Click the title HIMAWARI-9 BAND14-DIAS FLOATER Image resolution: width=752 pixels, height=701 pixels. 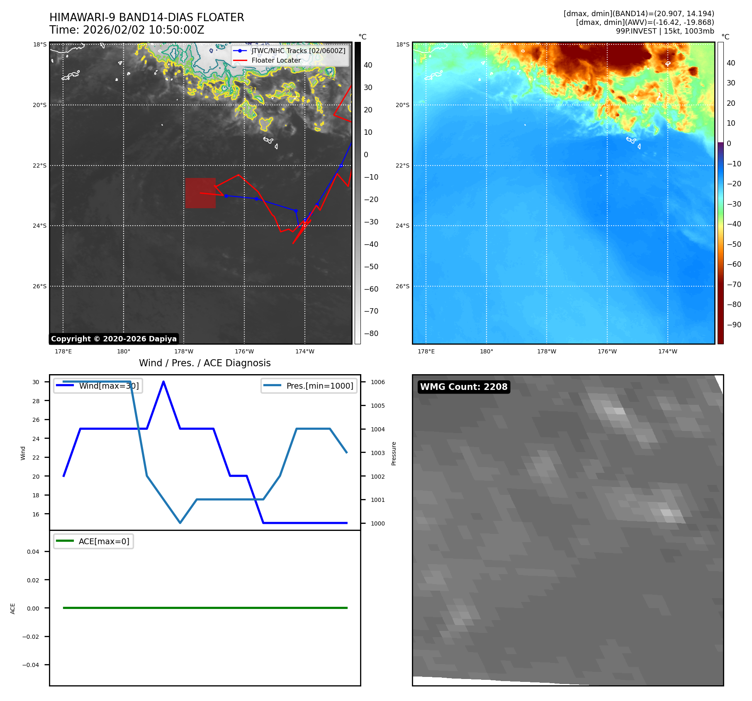[x=146, y=17]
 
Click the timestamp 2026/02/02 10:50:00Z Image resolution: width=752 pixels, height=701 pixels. [x=144, y=30]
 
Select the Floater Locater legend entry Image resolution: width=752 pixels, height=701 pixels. [x=276, y=60]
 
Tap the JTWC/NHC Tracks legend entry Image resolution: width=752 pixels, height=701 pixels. [x=298, y=51]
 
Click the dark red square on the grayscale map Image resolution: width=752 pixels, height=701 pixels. [x=200, y=193]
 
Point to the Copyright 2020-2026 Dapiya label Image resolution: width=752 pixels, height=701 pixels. [x=114, y=339]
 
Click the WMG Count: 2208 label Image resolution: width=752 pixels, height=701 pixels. [x=463, y=387]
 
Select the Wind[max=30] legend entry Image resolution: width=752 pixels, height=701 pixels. [x=109, y=386]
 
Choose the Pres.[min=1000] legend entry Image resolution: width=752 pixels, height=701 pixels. [x=319, y=386]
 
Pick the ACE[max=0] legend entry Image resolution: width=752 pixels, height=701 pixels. [x=104, y=541]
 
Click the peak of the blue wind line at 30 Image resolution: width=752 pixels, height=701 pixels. [x=163, y=382]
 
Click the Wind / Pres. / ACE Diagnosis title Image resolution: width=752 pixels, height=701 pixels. [x=204, y=363]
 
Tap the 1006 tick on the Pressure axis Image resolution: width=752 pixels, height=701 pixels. [x=377, y=382]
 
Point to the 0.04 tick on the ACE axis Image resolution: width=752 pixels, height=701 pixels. [x=33, y=552]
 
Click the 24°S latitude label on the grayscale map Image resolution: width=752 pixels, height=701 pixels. [x=40, y=226]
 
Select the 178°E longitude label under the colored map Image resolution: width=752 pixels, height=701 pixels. [x=426, y=351]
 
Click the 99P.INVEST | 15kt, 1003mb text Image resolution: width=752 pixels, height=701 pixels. [x=665, y=31]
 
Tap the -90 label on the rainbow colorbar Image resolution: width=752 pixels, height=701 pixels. [x=734, y=325]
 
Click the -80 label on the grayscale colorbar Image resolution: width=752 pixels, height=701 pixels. [x=371, y=333]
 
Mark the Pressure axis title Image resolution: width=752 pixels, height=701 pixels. [x=394, y=453]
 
